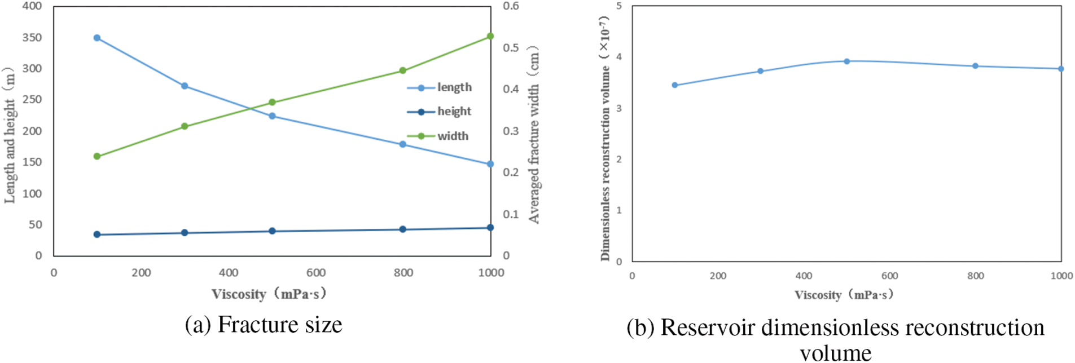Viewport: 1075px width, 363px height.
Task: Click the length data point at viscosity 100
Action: pyautogui.click(x=97, y=38)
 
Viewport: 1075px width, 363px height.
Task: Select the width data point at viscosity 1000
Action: pyautogui.click(x=490, y=36)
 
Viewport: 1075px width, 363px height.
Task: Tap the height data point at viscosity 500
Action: pyautogui.click(x=272, y=231)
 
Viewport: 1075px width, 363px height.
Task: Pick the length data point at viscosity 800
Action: pyautogui.click(x=403, y=144)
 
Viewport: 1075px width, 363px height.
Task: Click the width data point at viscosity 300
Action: pyautogui.click(x=185, y=126)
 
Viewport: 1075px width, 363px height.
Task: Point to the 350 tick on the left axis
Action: pyautogui.click(x=32, y=37)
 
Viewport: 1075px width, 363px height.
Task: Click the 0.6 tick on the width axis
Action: pyautogui.click(x=511, y=6)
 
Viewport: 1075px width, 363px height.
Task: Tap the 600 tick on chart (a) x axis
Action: pyautogui.click(x=316, y=273)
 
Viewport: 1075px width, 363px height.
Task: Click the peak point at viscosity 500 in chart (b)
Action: pyautogui.click(x=847, y=61)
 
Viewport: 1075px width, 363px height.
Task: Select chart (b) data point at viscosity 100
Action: pyautogui.click(x=675, y=85)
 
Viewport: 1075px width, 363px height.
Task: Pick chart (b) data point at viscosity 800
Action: pyautogui.click(x=976, y=66)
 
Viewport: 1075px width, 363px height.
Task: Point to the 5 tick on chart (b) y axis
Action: pyautogui.click(x=619, y=6)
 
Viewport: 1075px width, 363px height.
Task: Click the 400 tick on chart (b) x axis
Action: pyautogui.click(x=804, y=276)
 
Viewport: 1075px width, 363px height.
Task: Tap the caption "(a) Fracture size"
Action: pyautogui.click(x=264, y=325)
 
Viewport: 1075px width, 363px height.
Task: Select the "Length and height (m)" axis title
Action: pyautogui.click(x=10, y=135)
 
